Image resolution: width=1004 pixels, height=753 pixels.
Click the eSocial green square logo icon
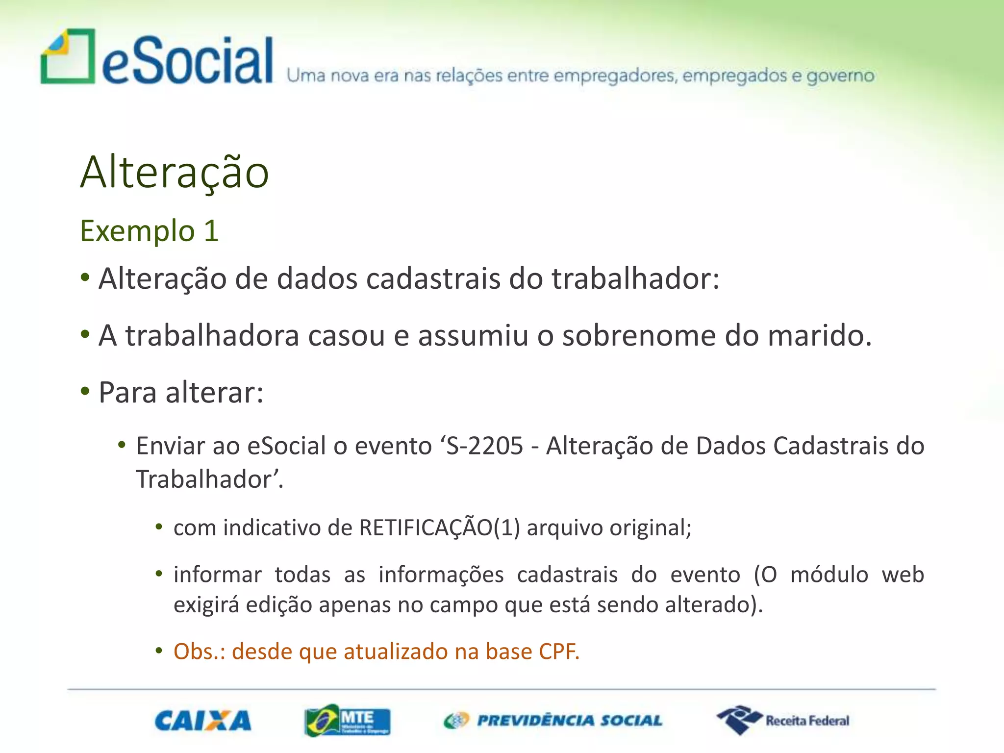68,57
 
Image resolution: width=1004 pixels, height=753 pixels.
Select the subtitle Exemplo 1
149,231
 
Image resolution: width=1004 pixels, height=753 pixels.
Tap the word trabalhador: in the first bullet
635,279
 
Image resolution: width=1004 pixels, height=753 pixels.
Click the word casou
346,336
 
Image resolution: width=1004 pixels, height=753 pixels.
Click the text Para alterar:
181,393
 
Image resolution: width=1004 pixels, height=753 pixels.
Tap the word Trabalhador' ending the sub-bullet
209,479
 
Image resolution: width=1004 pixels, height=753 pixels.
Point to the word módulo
829,575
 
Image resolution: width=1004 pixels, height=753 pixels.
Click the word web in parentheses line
903,575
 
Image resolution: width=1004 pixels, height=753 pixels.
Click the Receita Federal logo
783,721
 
